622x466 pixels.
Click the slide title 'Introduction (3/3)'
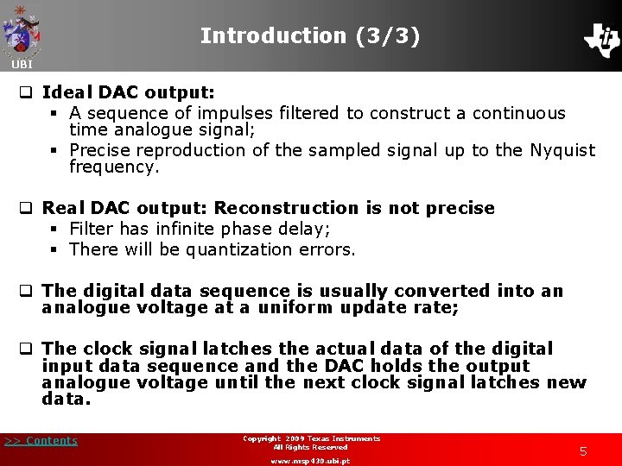click(x=310, y=36)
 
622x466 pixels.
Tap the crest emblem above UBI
click(x=22, y=31)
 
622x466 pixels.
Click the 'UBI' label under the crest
click(x=22, y=65)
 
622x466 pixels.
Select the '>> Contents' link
click(x=41, y=441)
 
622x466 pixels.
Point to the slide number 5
click(x=583, y=450)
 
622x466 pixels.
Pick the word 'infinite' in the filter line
click(x=182, y=230)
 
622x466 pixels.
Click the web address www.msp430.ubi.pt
click(x=311, y=461)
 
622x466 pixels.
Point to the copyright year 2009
click(x=304, y=438)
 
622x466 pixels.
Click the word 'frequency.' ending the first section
click(x=114, y=167)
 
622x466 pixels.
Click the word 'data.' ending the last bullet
click(x=66, y=399)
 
